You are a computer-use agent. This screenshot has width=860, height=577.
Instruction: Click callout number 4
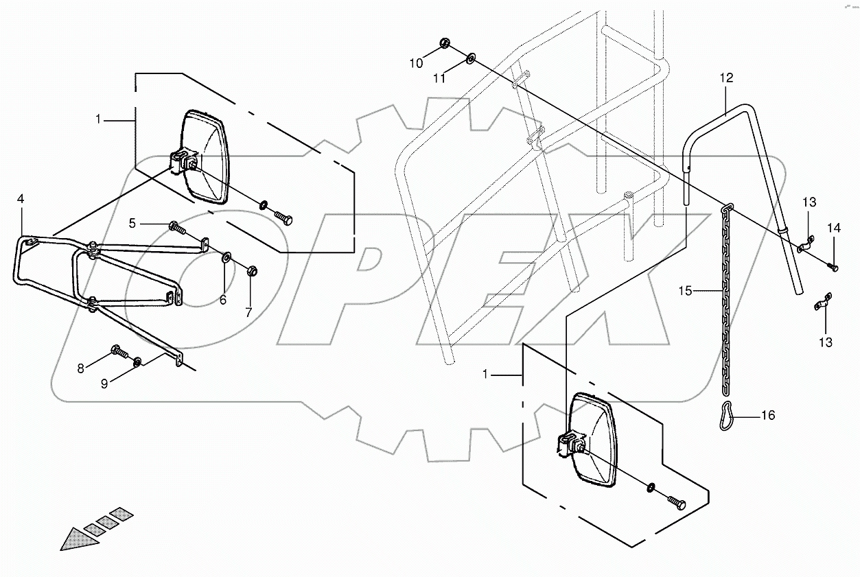21,199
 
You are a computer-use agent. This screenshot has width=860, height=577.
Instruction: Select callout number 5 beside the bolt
135,223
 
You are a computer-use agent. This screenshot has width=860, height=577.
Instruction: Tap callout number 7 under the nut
248,311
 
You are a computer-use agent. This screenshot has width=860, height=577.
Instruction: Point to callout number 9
104,384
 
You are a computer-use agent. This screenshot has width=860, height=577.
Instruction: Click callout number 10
417,64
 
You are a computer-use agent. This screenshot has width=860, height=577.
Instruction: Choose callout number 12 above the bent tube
727,78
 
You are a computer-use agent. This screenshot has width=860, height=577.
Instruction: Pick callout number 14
833,228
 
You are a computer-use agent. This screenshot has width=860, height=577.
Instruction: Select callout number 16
768,415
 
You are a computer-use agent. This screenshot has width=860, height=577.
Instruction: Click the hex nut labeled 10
445,45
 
